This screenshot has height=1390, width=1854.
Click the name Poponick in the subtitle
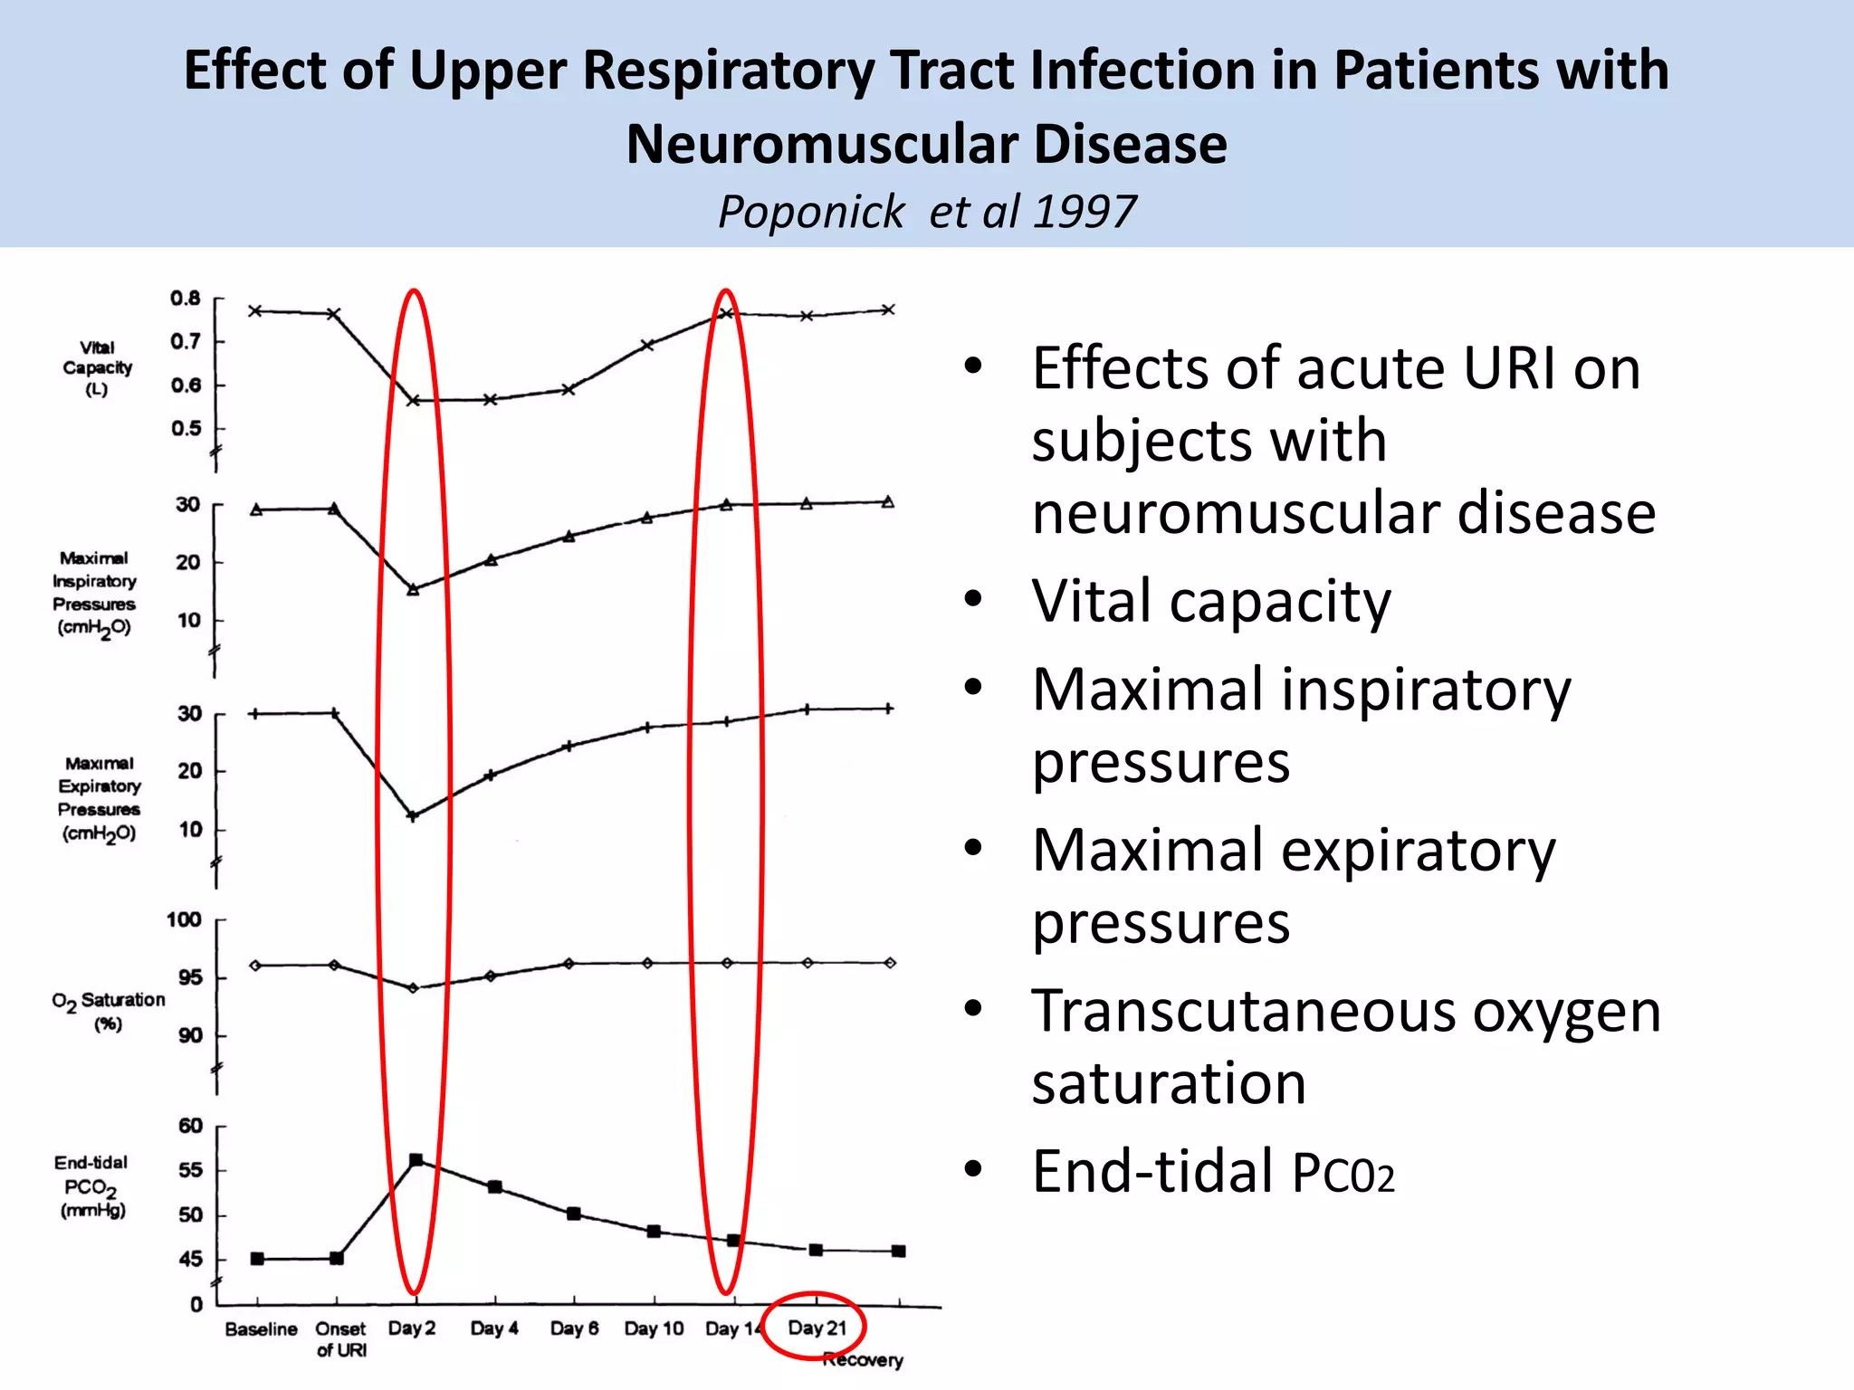[811, 212]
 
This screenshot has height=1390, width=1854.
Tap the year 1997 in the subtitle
[1084, 212]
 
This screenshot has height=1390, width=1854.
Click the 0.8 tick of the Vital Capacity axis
[186, 299]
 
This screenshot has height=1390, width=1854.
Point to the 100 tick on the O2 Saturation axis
[184, 920]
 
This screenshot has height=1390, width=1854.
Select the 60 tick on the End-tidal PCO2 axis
[190, 1126]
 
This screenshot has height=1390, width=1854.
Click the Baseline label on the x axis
[261, 1328]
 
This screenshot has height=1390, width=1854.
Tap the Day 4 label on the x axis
[494, 1328]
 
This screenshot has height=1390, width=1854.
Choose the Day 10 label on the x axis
[654, 1328]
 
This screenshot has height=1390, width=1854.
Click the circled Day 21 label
[817, 1328]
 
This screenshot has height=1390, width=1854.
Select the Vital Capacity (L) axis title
[97, 368]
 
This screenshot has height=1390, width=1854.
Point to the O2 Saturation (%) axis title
[109, 1011]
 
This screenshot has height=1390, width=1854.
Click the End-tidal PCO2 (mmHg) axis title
[91, 1186]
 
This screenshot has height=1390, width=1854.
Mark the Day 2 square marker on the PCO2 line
[416, 1160]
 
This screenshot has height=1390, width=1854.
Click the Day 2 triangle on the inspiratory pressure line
[413, 590]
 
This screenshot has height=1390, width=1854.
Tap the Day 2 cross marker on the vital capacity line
[413, 400]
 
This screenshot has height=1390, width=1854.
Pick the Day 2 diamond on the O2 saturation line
[414, 988]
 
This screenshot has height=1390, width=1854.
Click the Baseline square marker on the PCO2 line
[257, 1259]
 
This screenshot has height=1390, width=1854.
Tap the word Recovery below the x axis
[864, 1360]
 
